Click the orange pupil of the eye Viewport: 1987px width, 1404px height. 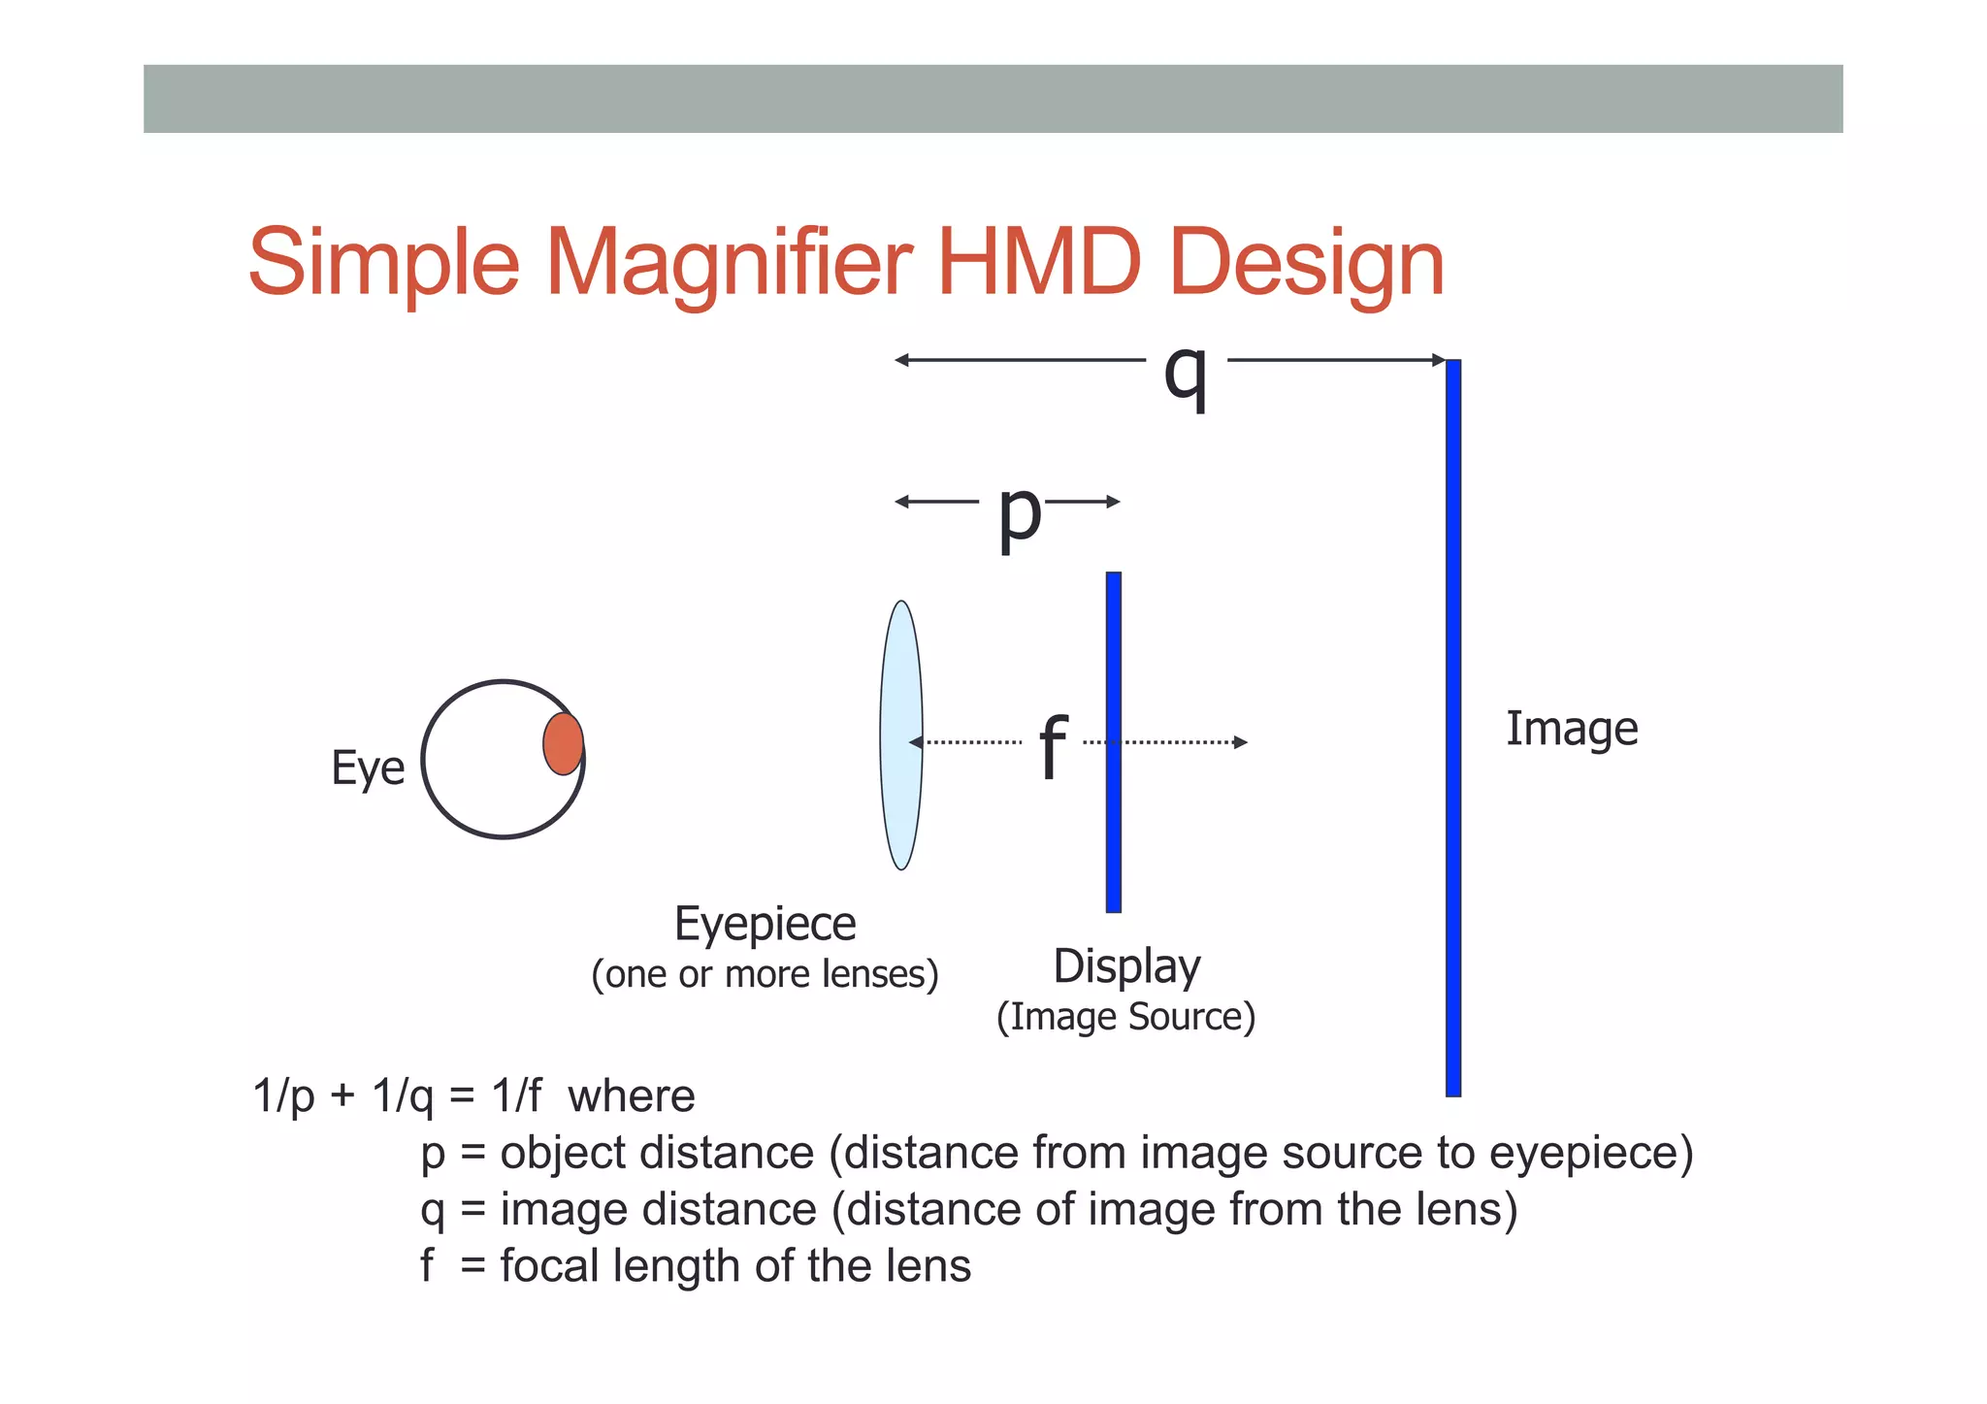click(563, 744)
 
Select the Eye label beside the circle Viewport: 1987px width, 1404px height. click(368, 768)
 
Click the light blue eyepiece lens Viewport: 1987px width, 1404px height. click(900, 735)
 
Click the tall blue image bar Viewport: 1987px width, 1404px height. click(1452, 728)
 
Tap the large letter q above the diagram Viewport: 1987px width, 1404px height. click(1186, 373)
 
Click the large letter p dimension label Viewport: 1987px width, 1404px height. click(1019, 514)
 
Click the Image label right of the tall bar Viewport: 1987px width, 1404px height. click(1572, 730)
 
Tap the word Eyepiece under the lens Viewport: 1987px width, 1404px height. click(765, 924)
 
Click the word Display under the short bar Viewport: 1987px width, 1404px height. click(1126, 966)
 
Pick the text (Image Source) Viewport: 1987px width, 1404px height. click(1125, 1017)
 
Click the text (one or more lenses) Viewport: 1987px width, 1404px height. click(765, 974)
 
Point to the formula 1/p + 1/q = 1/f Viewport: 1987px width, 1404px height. click(397, 1096)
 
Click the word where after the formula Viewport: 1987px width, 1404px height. click(631, 1096)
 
